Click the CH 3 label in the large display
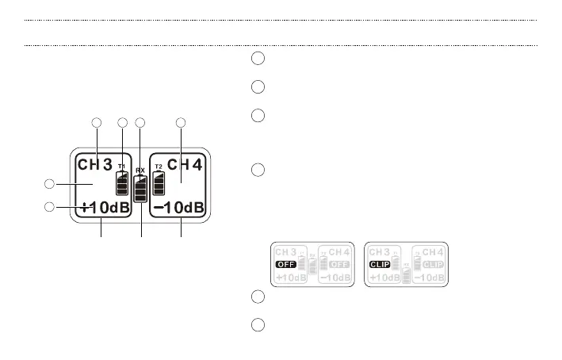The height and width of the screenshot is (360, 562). tap(94, 165)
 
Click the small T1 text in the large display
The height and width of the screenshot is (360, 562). tap(121, 167)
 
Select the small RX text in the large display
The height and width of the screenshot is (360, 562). tap(140, 170)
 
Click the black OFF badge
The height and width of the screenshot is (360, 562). tap(285, 263)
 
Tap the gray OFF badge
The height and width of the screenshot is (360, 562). tap(338, 263)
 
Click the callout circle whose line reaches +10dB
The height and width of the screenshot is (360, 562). tap(49, 208)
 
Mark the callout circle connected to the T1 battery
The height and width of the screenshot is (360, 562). tap(122, 123)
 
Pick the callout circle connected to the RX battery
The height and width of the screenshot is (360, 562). tap(140, 123)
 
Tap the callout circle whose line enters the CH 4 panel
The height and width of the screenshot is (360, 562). tap(181, 123)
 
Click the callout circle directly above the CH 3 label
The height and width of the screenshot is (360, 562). tap(97, 123)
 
